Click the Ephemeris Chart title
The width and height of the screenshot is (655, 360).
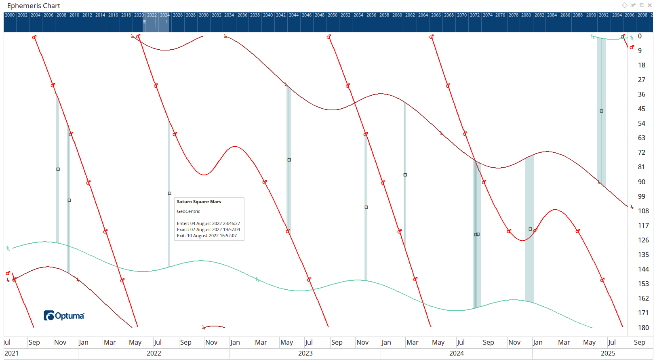(x=34, y=6)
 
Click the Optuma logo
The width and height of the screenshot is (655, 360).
(x=64, y=316)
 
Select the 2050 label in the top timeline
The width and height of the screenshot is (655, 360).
(x=333, y=15)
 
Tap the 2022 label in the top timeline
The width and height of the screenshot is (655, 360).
(x=152, y=15)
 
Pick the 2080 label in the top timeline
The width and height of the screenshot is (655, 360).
(x=526, y=15)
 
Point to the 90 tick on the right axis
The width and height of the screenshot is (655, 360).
(x=642, y=182)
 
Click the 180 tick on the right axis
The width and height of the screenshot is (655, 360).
(x=643, y=328)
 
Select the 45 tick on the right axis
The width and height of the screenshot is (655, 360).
(x=642, y=109)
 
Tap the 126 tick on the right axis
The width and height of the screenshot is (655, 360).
(x=643, y=240)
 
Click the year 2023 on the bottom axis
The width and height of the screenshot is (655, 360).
(x=305, y=353)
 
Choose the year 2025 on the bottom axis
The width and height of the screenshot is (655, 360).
(x=608, y=353)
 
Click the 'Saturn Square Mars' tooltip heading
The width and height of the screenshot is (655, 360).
(x=199, y=202)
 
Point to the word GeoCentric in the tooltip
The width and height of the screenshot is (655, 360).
(x=188, y=211)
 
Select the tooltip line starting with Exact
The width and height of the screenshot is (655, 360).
(x=208, y=229)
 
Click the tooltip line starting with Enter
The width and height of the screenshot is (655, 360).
(x=208, y=223)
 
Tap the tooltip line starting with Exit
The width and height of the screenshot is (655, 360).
(x=206, y=236)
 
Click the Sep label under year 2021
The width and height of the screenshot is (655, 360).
(x=34, y=342)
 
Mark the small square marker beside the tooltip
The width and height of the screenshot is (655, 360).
(x=170, y=194)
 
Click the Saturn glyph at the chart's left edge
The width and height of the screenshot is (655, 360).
(x=8, y=248)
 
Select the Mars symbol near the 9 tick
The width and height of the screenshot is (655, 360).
(x=632, y=47)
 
